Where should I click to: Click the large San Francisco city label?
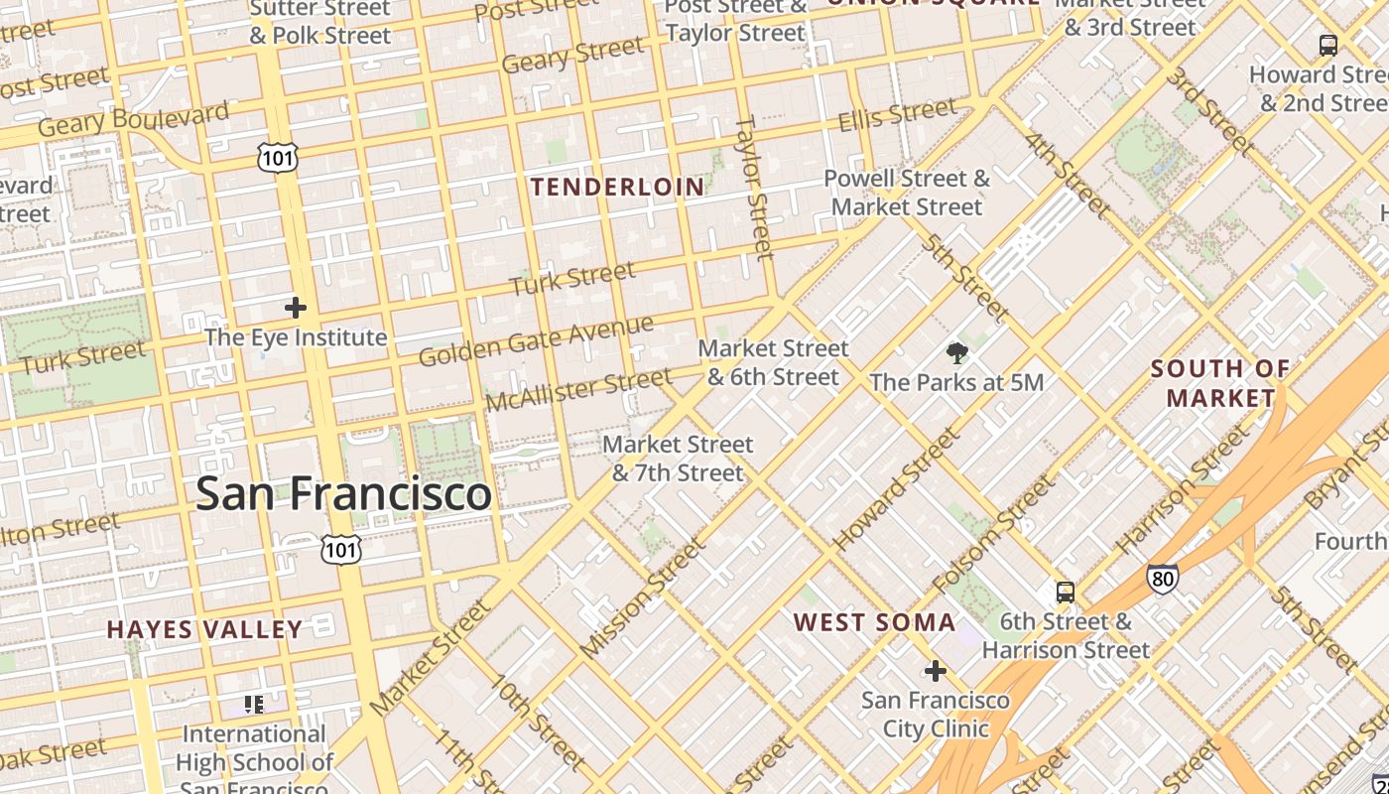point(343,493)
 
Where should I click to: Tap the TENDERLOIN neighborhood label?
point(617,187)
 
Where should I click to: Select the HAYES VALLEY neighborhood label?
point(204,629)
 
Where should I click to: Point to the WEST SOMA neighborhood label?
point(874,622)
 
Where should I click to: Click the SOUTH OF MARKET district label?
point(1220,383)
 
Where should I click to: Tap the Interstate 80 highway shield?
point(1162,579)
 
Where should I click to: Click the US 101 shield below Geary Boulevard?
point(277,157)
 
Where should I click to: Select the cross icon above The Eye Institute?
point(295,308)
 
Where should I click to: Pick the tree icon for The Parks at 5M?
point(956,352)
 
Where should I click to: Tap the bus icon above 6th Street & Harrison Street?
point(1065,593)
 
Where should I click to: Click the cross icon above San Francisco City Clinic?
point(935,671)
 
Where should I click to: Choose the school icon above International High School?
point(254,705)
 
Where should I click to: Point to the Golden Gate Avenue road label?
point(536,340)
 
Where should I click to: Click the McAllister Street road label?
point(578,389)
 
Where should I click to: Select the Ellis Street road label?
point(897,116)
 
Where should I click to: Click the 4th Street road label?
point(1067,175)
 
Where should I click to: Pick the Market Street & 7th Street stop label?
point(678,459)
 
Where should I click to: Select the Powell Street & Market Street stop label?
point(907,193)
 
